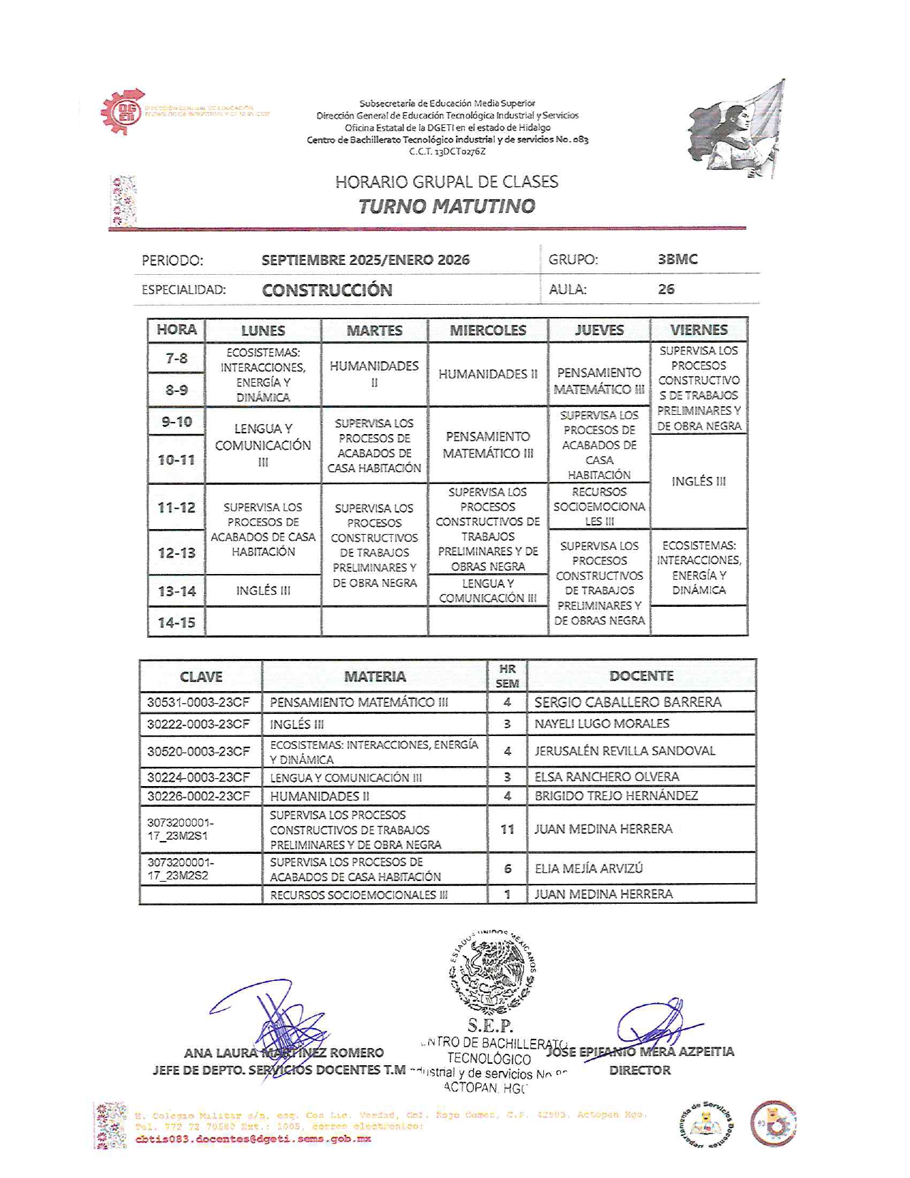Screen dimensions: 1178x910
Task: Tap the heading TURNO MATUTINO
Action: coord(446,206)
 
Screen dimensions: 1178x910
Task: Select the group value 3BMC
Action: coord(677,259)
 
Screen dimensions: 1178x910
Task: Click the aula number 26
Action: coord(666,289)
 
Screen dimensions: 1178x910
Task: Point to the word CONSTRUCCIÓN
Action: coord(327,290)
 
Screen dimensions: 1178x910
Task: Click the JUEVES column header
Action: coord(599,330)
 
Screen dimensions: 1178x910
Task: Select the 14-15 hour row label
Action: coord(176,623)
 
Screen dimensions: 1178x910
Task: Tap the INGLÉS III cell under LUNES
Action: coord(263,590)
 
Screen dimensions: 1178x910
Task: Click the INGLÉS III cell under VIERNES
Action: coord(698,481)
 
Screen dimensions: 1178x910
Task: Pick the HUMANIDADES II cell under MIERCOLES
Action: coord(487,374)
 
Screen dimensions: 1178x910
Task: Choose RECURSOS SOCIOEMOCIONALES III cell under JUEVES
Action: coord(599,506)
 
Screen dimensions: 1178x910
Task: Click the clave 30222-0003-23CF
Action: coord(198,724)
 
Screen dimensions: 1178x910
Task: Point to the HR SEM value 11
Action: coord(507,829)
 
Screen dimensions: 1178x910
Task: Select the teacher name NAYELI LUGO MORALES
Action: coord(602,724)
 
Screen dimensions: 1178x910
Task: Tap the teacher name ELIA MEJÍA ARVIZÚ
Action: coord(588,868)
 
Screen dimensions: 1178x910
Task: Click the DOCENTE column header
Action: coord(641,676)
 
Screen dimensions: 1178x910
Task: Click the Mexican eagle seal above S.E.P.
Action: coord(492,972)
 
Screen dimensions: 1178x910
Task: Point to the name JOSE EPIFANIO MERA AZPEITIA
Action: coord(640,1052)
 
